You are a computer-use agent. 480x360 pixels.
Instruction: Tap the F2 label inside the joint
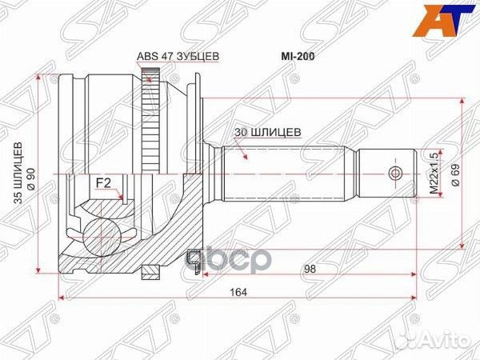pos(103,183)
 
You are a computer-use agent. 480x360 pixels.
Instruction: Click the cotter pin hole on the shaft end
pos(392,173)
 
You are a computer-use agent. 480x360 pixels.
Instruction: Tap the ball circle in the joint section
pos(102,233)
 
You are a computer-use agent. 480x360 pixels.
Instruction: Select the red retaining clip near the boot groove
pos(192,259)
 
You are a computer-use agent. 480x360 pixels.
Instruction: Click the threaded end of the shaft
pos(384,173)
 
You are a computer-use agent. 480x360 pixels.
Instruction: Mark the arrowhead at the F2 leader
pos(120,197)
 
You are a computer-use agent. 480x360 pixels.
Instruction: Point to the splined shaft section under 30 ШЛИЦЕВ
pos(288,173)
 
